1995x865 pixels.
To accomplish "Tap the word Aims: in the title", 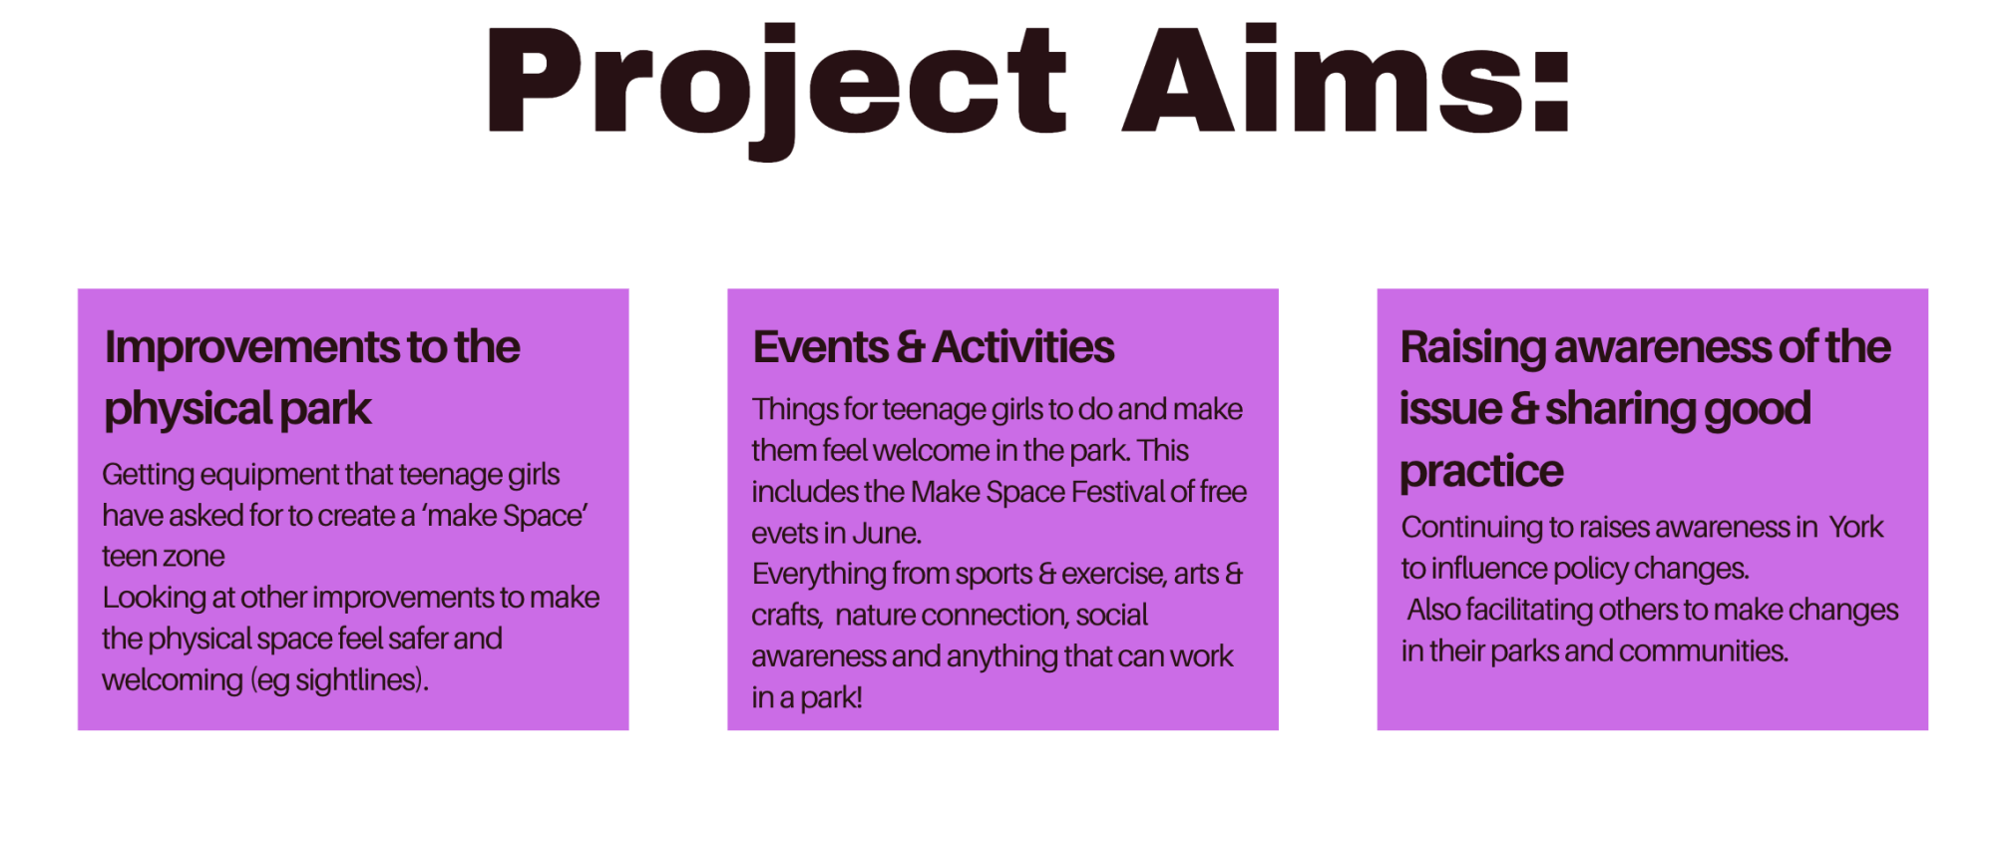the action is tap(1347, 80).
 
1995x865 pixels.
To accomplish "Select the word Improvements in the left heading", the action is tap(253, 348).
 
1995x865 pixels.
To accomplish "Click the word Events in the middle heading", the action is tap(820, 347).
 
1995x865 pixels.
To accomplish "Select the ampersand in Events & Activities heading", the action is tap(910, 348).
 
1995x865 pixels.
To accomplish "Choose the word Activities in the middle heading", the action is tap(1023, 347).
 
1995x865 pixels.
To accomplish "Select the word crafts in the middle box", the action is tap(786, 616).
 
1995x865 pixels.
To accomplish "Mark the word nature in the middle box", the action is tap(875, 616).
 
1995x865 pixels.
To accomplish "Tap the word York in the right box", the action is tap(1855, 527).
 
